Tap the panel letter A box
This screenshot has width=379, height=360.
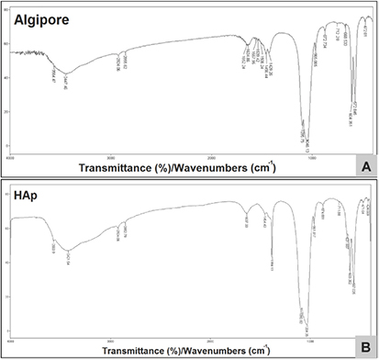[x=365, y=165]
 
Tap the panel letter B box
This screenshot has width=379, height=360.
[x=365, y=347]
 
